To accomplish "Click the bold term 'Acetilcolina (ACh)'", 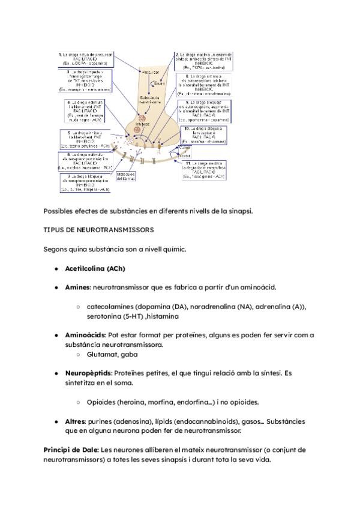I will (x=95, y=268).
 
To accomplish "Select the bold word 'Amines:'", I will (x=78, y=287).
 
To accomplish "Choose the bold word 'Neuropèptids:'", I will (x=88, y=373).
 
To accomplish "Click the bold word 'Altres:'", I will (x=76, y=421).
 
